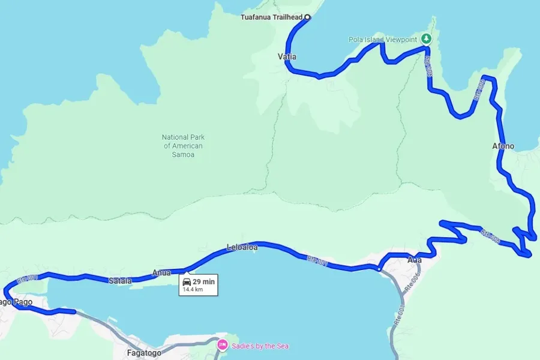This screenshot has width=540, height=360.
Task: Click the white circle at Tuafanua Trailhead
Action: point(308,17)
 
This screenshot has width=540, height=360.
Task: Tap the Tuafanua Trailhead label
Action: point(271,17)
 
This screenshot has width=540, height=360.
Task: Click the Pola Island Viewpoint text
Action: point(383,40)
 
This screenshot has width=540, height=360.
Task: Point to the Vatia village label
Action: point(287,57)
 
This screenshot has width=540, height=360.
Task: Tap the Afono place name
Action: point(503,146)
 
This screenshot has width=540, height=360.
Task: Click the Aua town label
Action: point(415,260)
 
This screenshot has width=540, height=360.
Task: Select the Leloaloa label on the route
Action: point(242,247)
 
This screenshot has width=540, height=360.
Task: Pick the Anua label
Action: point(161,273)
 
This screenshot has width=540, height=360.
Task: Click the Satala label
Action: point(119,280)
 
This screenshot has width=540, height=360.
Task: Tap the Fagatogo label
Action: point(144,353)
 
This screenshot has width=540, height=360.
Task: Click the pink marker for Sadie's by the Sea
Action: point(222,345)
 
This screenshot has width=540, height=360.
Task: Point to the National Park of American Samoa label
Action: point(183,146)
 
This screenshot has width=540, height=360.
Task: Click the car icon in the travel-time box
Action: point(187,281)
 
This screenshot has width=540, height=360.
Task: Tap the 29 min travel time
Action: point(204,281)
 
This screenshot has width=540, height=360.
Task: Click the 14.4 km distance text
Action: point(193,289)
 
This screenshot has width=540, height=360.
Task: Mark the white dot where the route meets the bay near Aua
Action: point(379,269)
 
